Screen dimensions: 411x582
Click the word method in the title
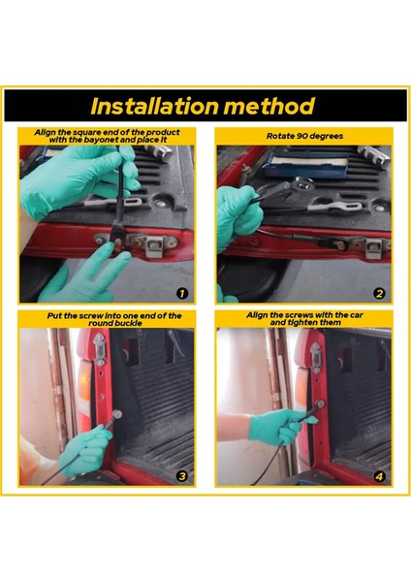[x=270, y=106]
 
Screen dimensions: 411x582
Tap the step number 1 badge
[x=182, y=294]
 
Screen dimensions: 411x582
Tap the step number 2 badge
[x=379, y=294]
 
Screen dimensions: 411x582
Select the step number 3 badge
[x=182, y=476]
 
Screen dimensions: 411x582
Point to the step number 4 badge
[x=379, y=476]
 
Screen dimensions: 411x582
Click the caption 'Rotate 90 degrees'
[x=304, y=136]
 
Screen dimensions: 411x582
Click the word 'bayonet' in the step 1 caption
[x=101, y=140]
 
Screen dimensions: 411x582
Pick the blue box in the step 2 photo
[x=306, y=164]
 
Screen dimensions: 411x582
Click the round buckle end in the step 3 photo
[x=117, y=414]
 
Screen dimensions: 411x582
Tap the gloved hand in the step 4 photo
[x=281, y=426]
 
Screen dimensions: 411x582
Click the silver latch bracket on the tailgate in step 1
[x=155, y=246]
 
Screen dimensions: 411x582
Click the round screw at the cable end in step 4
[x=320, y=404]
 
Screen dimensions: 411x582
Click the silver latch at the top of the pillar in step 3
[x=100, y=349]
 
